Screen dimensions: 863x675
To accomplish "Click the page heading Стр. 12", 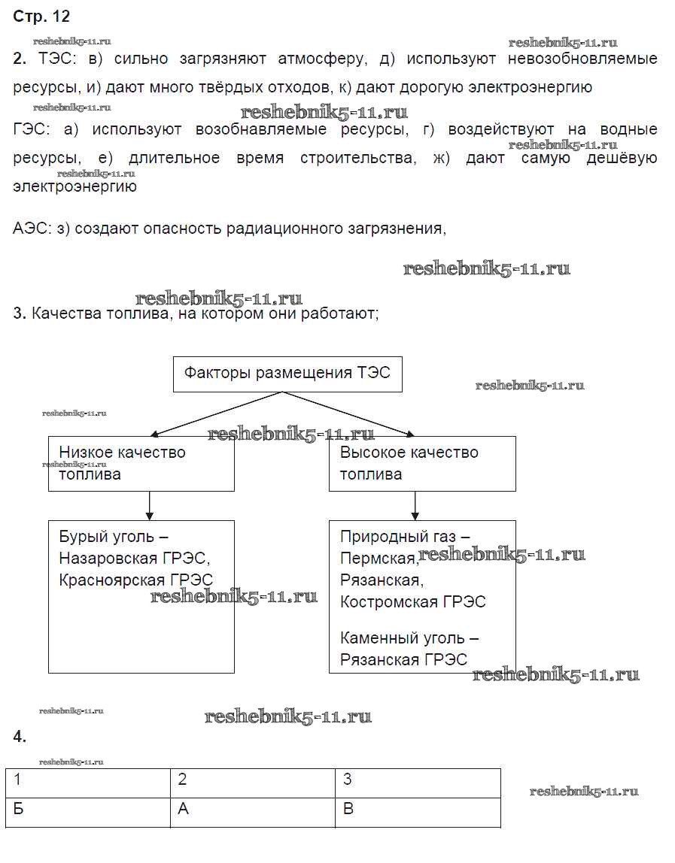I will pos(41,17).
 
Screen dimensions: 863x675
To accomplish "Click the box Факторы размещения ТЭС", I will pos(287,374).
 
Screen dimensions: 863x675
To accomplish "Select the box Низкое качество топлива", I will pos(141,464).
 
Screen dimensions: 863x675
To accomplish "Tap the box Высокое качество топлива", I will pos(422,464).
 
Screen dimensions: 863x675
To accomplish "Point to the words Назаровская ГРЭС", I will pos(133,559).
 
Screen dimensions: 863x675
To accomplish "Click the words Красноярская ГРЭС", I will pos(135,580).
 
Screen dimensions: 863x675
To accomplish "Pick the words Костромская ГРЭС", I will pos(412,602).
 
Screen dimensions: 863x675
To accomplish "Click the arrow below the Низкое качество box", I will pos(150,505).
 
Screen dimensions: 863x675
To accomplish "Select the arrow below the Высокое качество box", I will pos(414,505).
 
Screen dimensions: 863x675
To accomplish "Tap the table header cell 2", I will pos(252,782).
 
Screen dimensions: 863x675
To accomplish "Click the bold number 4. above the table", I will pos(20,737).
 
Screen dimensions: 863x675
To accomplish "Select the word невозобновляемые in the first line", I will pos(582,59).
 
